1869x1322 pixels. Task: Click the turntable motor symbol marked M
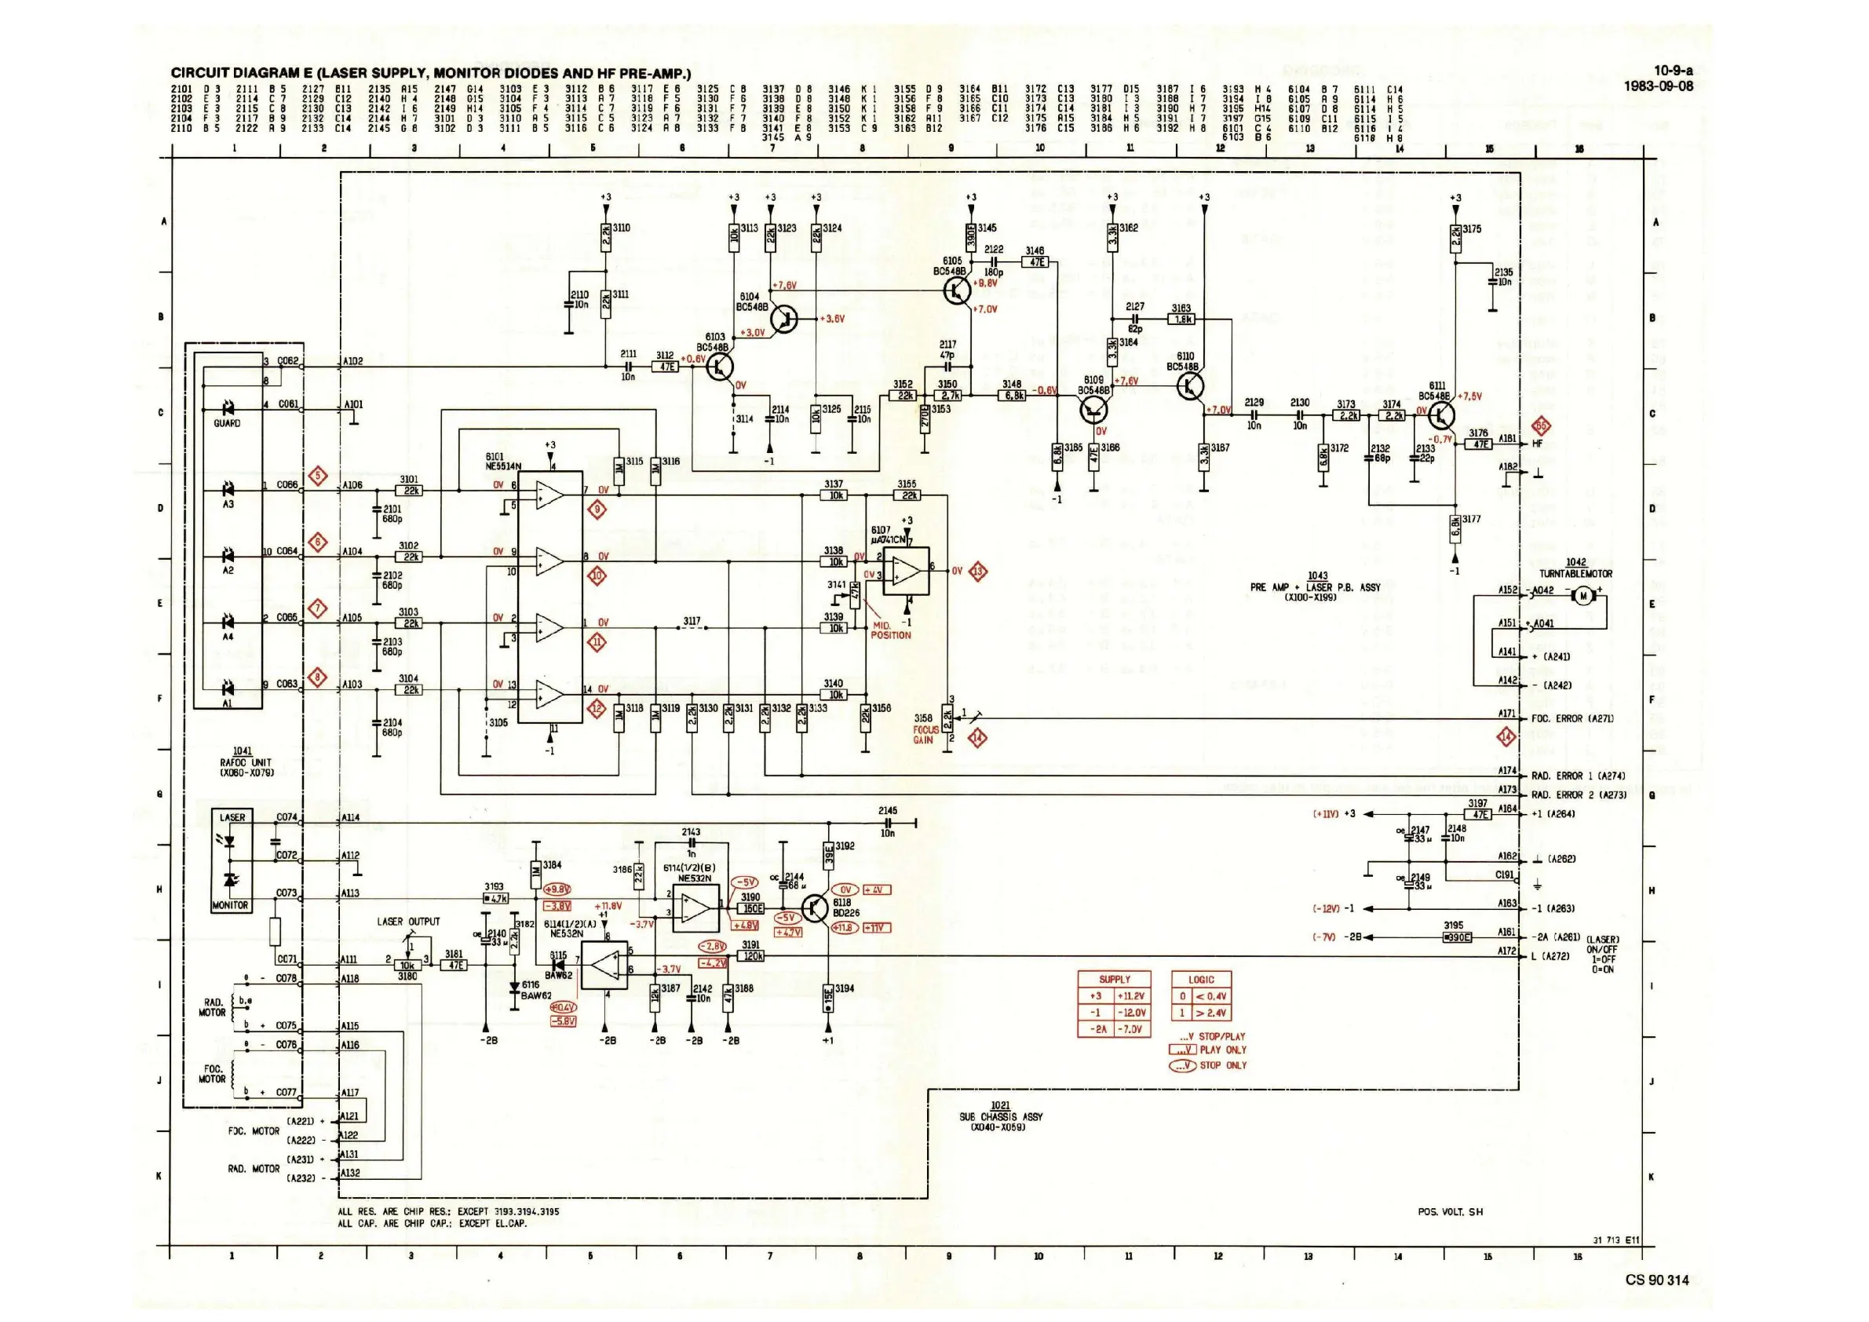coord(1583,596)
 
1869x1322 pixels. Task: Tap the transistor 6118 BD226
coord(816,907)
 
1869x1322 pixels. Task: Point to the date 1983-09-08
coord(1658,86)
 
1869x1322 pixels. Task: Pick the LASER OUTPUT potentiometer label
coord(408,922)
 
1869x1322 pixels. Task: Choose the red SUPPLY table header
coord(1115,979)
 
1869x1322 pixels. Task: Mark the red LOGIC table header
coord(1201,979)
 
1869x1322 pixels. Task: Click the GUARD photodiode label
coord(227,423)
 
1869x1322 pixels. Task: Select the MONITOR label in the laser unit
coord(229,905)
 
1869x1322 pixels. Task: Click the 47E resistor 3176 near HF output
coord(1477,444)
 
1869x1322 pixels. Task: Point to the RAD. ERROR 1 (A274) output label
coord(1578,776)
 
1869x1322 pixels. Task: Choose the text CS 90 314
coord(1656,1280)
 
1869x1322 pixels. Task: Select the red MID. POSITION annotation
coord(889,630)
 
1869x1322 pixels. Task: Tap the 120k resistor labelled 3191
coord(752,956)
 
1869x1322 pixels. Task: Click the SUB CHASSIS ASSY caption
coord(1000,1117)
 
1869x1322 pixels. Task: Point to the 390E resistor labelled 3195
coord(1456,937)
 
